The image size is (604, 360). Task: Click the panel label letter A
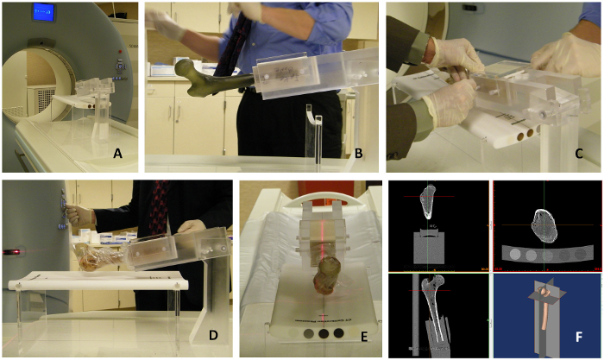coord(117,155)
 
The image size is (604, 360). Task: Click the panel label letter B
coord(358,154)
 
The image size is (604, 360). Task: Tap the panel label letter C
coord(579,154)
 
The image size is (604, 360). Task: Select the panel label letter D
coord(213,335)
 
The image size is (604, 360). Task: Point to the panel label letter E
coord(363,337)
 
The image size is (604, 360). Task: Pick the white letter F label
coord(579,337)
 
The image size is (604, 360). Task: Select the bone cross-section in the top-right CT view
coord(544,226)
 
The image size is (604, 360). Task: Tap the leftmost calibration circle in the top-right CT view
coord(515,255)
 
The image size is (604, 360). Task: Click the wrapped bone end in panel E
coord(327,276)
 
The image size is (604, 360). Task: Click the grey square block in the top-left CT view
coord(429,248)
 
